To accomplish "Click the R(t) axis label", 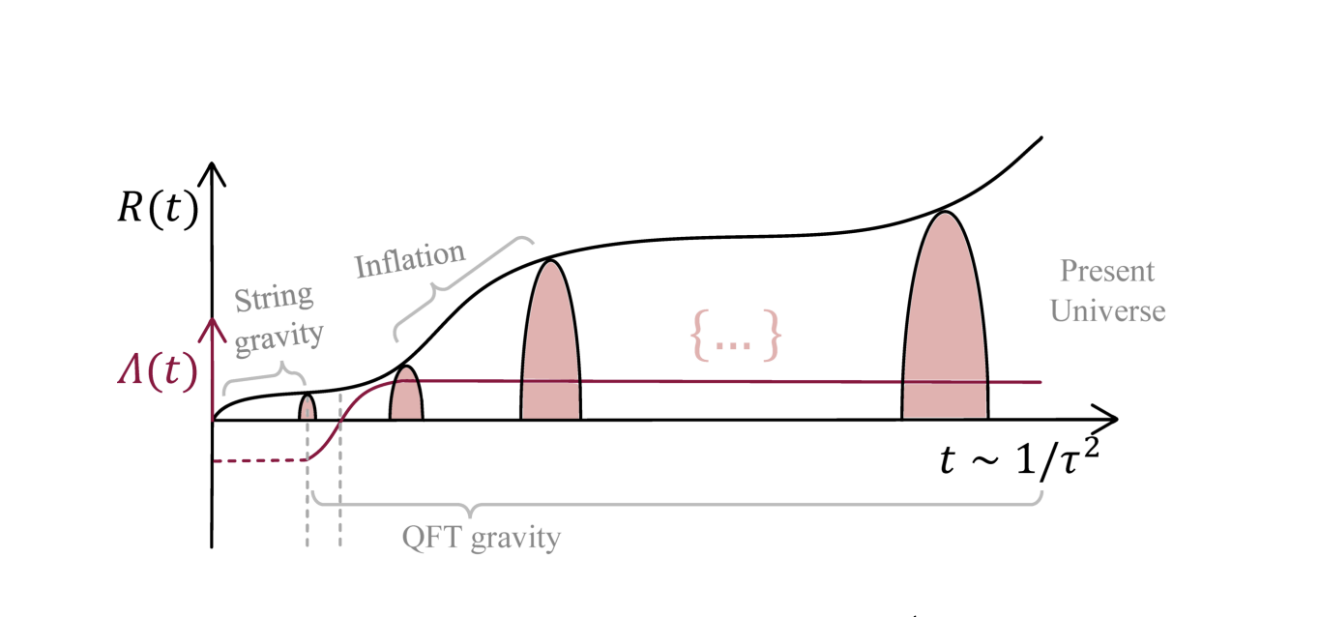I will (157, 211).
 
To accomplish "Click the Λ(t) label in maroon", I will (157, 368).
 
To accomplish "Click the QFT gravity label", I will (481, 537).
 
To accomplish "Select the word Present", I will (1106, 271).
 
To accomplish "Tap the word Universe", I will (1108, 311).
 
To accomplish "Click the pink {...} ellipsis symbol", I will (734, 336).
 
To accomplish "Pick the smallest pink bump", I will (307, 407).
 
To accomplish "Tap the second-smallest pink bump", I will (406, 396).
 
